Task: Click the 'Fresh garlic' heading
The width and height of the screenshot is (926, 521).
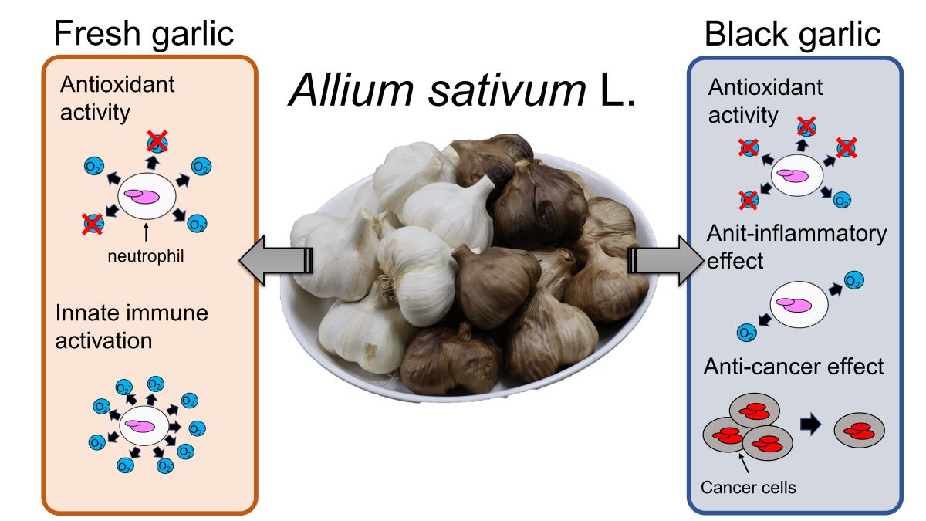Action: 145,34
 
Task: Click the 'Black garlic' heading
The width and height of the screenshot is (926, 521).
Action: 793,34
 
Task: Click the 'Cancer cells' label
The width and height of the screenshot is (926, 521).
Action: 748,488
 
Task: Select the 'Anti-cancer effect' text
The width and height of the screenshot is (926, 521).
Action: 793,366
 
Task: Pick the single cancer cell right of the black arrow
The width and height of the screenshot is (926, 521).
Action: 859,431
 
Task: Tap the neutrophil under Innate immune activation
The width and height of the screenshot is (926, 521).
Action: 144,426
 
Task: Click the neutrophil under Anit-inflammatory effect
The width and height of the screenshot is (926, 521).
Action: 799,303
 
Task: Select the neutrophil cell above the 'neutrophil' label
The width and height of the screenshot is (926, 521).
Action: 144,198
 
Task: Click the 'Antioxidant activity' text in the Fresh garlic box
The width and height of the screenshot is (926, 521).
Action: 115,98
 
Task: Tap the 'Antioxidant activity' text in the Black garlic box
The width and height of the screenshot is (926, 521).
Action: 765,100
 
